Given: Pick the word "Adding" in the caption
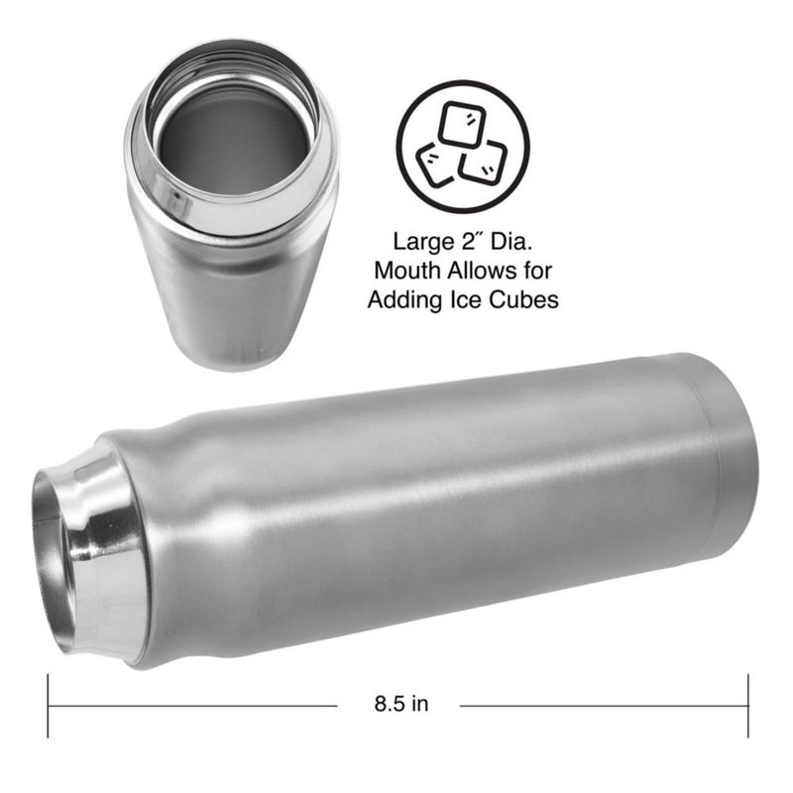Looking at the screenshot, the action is pos(405,300).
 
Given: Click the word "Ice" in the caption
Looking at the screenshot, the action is pos(465,300).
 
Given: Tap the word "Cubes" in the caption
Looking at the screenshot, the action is pos(523,300).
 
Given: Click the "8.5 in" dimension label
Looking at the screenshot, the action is pos(401,704).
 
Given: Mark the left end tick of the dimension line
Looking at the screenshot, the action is pos(48,706).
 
